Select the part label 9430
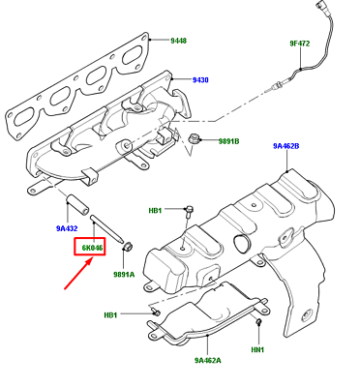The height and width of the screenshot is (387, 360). [199, 79]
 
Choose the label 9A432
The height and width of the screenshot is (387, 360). [67, 229]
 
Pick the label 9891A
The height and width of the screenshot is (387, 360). [125, 274]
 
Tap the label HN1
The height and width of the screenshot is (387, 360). [257, 348]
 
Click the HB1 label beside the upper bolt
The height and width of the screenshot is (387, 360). [155, 209]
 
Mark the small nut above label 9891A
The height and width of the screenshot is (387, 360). [124, 253]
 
